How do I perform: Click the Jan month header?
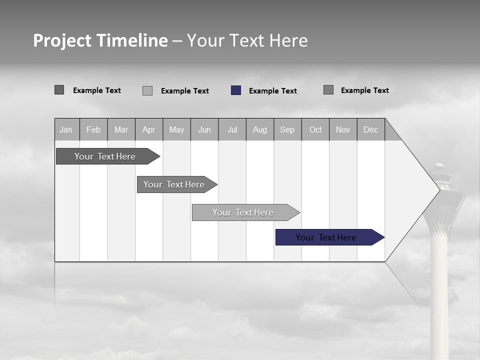click(x=66, y=129)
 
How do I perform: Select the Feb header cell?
click(x=93, y=129)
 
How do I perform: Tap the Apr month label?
click(x=149, y=129)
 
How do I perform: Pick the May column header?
click(x=176, y=129)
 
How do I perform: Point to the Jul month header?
click(x=232, y=129)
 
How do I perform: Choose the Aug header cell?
click(x=260, y=129)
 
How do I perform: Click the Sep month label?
click(x=287, y=129)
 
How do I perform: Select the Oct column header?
click(x=315, y=129)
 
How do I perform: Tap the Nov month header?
click(x=343, y=129)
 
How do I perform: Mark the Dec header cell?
click(x=371, y=129)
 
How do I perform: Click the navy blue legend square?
click(x=236, y=90)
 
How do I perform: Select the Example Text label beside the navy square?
click(x=273, y=91)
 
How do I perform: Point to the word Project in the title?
click(x=62, y=40)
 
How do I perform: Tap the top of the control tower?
click(x=439, y=166)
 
